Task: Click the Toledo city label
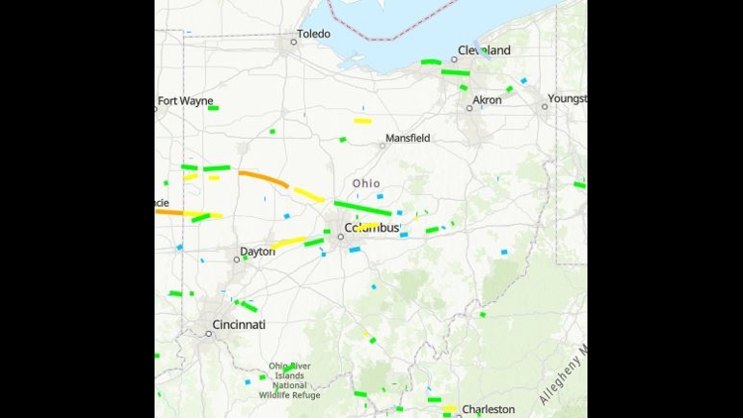pyautogui.click(x=314, y=33)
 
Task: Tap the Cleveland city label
pyautogui.click(x=484, y=51)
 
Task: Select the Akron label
pyautogui.click(x=487, y=100)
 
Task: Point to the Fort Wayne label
pyautogui.click(x=185, y=100)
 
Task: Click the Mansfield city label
pyautogui.click(x=408, y=138)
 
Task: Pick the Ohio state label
pyautogui.click(x=367, y=183)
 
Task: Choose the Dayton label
pyautogui.click(x=258, y=252)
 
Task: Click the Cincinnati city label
pyautogui.click(x=239, y=324)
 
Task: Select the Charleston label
pyautogui.click(x=488, y=409)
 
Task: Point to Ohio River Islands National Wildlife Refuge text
pyautogui.click(x=289, y=380)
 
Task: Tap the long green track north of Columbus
pyautogui.click(x=363, y=208)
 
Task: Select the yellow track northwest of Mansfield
pyautogui.click(x=363, y=121)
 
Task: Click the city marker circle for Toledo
pyautogui.click(x=294, y=42)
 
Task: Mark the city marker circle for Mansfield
pyautogui.click(x=382, y=146)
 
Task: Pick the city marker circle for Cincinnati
pyautogui.click(x=209, y=334)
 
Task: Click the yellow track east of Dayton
pyautogui.click(x=288, y=242)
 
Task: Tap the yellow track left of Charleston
pyautogui.click(x=450, y=408)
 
